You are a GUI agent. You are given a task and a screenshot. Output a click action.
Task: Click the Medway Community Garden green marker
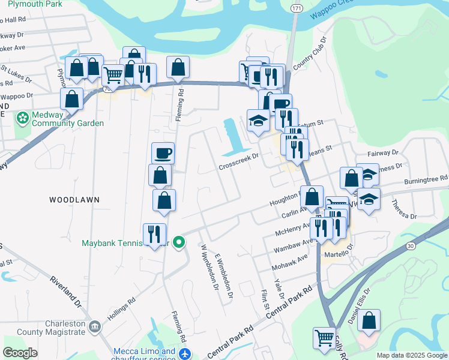click(23, 117)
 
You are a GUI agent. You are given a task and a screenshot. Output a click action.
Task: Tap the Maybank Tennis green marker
click(179, 243)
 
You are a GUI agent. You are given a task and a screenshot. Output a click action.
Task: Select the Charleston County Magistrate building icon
click(94, 327)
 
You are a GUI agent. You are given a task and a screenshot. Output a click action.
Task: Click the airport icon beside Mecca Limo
click(185, 354)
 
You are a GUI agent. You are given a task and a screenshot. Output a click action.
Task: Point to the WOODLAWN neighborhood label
click(74, 199)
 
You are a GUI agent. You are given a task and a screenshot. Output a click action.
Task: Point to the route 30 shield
click(411, 245)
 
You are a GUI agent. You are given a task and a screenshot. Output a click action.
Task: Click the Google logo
click(20, 353)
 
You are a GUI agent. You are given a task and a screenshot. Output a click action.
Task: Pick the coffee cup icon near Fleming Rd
click(163, 154)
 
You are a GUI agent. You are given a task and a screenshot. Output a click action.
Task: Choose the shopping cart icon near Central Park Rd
click(324, 338)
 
